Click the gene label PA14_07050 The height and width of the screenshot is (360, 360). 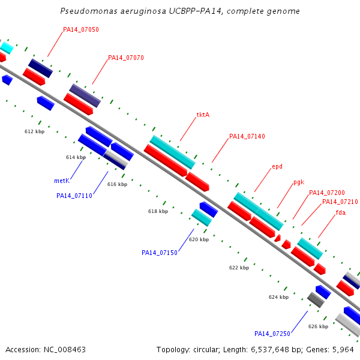click(x=81, y=29)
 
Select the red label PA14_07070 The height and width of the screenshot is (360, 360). click(x=126, y=58)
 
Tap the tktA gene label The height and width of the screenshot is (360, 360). click(x=203, y=115)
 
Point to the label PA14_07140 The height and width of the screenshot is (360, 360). click(x=247, y=136)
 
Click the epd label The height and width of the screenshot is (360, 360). click(x=277, y=166)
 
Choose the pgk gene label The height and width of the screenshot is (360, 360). click(x=299, y=182)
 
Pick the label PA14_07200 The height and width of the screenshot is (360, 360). click(x=327, y=193)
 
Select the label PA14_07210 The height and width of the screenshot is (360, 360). click(x=340, y=202)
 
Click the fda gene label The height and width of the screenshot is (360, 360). click(x=341, y=212)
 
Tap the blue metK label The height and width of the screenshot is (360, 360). click(x=62, y=181)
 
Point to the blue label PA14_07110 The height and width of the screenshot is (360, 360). click(x=74, y=196)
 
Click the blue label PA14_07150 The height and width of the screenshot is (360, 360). click(x=160, y=253)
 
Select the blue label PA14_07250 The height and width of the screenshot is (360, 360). click(x=272, y=334)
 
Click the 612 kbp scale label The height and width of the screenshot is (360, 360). click(x=34, y=131)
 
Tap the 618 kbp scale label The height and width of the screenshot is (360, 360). click(x=158, y=211)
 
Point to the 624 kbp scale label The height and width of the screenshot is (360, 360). click(x=279, y=297)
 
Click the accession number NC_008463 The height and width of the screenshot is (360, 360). click(x=65, y=350)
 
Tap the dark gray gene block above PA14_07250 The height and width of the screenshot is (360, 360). click(x=316, y=300)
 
